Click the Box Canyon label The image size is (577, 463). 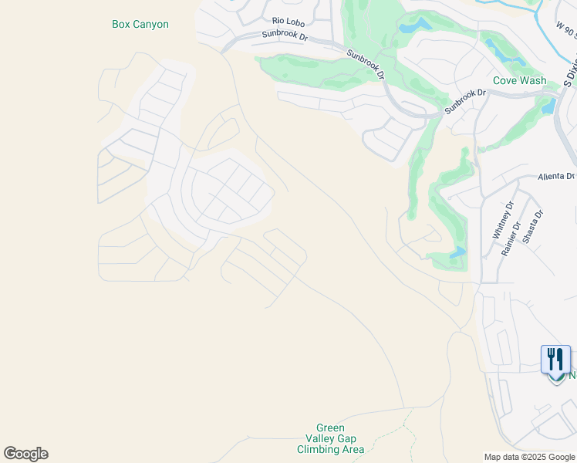140,24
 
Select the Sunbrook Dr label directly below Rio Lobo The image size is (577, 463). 285,35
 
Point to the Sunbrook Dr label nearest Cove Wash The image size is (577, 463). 465,103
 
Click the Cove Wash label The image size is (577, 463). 519,80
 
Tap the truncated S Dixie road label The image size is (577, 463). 570,73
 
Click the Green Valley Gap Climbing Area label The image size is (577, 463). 330,438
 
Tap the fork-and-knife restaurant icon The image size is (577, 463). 555,359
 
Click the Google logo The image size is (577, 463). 25,454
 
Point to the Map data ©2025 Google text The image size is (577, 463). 529,457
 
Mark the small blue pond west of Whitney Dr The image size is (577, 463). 457,252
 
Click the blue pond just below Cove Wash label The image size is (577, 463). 548,106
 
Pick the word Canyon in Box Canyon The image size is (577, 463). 150,24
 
